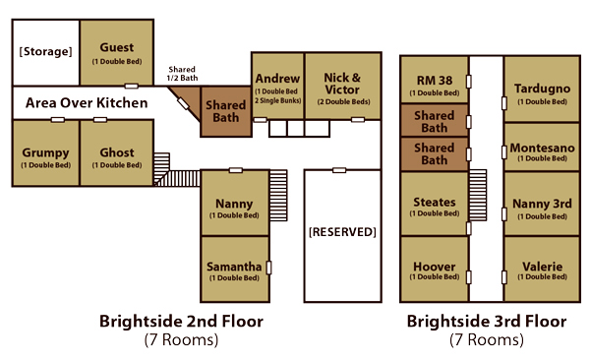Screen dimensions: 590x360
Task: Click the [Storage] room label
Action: click(45, 51)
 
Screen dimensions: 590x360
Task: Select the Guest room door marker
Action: click(132, 87)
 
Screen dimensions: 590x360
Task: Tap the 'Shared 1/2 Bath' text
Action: click(182, 74)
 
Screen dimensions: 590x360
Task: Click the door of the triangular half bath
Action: click(183, 104)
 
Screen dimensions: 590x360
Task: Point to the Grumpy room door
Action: click(58, 120)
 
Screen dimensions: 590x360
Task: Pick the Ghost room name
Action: click(117, 152)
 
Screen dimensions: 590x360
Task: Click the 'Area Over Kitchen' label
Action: click(87, 103)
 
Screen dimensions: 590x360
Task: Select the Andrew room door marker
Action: click(260, 120)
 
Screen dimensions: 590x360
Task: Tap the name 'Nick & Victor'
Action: click(342, 84)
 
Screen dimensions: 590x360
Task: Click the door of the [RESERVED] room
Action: click(339, 170)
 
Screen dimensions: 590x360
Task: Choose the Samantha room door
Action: click(268, 268)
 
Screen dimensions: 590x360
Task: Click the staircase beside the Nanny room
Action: click(278, 196)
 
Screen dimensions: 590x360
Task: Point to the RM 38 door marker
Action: click(469, 82)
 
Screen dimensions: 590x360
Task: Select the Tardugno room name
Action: click(542, 89)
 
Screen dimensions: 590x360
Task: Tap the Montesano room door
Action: click(504, 152)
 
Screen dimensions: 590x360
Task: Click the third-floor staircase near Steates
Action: click(478, 195)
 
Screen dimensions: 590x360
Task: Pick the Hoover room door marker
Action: click(469, 277)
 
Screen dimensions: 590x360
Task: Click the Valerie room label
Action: click(542, 267)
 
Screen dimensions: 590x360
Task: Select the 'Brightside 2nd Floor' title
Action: click(181, 322)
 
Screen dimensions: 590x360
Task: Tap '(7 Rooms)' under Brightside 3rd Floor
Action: click(487, 339)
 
